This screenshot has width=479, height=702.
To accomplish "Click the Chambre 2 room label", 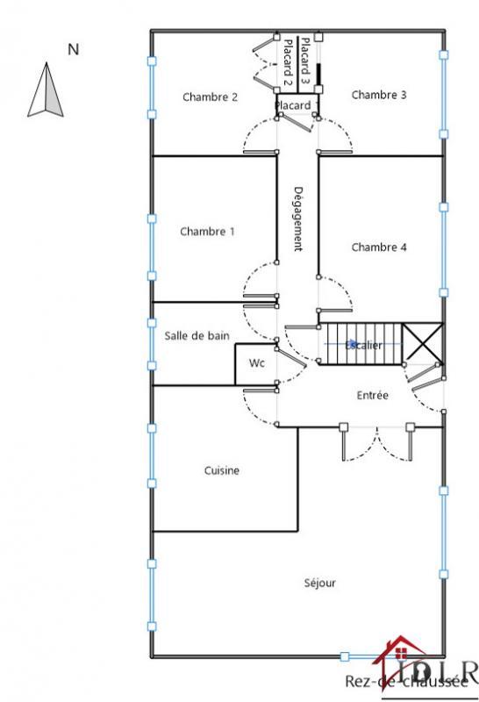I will (210, 97).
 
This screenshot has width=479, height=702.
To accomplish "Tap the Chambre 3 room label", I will (379, 95).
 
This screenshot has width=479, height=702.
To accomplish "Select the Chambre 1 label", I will (207, 232).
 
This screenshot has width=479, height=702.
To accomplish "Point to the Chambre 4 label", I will (379, 247).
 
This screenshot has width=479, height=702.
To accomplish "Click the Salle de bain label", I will (197, 335).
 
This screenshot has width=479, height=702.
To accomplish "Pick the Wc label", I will (256, 362).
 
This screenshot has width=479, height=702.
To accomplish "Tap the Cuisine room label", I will (222, 470).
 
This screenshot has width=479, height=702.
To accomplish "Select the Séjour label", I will (319, 582).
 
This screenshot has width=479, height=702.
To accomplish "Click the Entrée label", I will (373, 396).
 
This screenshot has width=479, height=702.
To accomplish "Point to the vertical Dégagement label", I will (297, 218).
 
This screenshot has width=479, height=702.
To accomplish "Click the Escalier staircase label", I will (364, 346).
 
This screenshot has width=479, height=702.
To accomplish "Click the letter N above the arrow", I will (74, 50).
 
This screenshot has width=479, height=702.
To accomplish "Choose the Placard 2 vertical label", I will (286, 62).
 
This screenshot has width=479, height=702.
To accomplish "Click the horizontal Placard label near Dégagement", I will (292, 106).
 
